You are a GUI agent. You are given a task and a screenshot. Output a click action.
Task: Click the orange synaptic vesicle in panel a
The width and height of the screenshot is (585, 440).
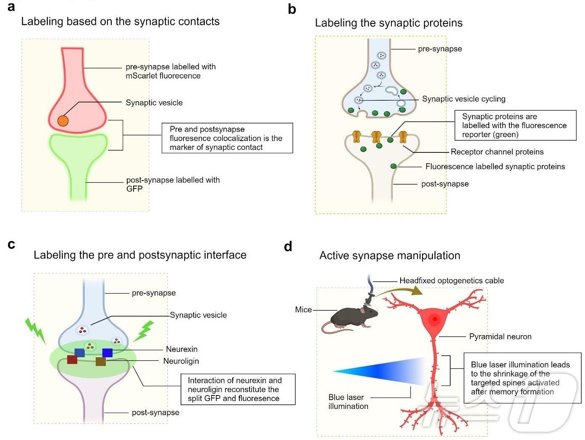point(63,121)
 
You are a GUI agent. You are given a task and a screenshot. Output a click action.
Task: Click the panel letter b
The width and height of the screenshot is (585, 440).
point(292,9)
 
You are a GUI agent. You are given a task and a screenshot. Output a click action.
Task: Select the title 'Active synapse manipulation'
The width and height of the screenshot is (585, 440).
point(389,256)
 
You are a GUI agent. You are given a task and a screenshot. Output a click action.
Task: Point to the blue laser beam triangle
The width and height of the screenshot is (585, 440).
point(386,371)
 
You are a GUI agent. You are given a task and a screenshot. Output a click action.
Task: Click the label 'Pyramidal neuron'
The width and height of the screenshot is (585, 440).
point(500,337)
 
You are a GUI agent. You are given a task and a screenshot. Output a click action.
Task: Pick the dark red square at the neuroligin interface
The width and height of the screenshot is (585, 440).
point(72,359)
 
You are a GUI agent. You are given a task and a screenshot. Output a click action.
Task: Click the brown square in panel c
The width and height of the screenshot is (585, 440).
point(100,361)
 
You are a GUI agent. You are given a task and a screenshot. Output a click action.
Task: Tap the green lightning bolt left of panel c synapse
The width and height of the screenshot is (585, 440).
point(35,330)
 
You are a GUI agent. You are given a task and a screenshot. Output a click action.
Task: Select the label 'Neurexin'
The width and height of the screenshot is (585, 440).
point(181,349)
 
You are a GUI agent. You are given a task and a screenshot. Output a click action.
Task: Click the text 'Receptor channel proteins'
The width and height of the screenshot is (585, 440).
point(497,152)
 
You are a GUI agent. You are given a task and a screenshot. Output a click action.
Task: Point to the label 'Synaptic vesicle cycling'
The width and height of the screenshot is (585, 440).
point(463,99)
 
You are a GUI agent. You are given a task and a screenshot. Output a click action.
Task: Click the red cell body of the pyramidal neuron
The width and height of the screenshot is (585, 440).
point(434,320)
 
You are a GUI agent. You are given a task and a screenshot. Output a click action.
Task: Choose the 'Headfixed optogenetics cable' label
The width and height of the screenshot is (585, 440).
point(451,281)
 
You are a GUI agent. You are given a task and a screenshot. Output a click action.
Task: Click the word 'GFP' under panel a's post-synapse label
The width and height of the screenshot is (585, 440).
point(134,189)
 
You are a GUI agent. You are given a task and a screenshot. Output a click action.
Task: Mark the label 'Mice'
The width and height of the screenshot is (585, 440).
point(303,310)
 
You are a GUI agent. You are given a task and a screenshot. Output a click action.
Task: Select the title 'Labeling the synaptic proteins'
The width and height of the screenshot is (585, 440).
point(388,23)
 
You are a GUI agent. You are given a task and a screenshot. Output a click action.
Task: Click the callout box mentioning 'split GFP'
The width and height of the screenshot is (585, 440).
point(238,390)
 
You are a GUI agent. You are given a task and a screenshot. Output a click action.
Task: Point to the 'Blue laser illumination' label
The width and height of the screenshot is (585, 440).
point(348,402)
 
